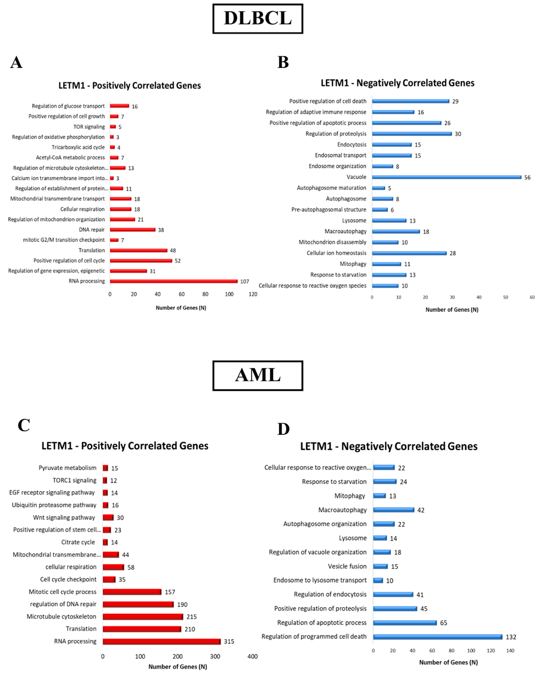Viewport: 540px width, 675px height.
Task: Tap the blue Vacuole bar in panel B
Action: pyautogui.click(x=446, y=177)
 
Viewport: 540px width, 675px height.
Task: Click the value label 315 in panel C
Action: pyautogui.click(x=229, y=642)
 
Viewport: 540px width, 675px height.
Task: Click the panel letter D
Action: pyautogui.click(x=283, y=429)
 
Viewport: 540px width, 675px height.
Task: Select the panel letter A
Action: pyautogui.click(x=16, y=62)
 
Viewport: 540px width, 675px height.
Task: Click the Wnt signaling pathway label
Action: pyautogui.click(x=64, y=518)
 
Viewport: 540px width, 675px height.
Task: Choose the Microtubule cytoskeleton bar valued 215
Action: pyautogui.click(x=143, y=617)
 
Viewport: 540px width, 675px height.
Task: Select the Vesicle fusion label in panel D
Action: pyautogui.click(x=347, y=566)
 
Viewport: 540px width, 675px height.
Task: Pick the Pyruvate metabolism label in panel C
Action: pyautogui.click(x=67, y=468)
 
